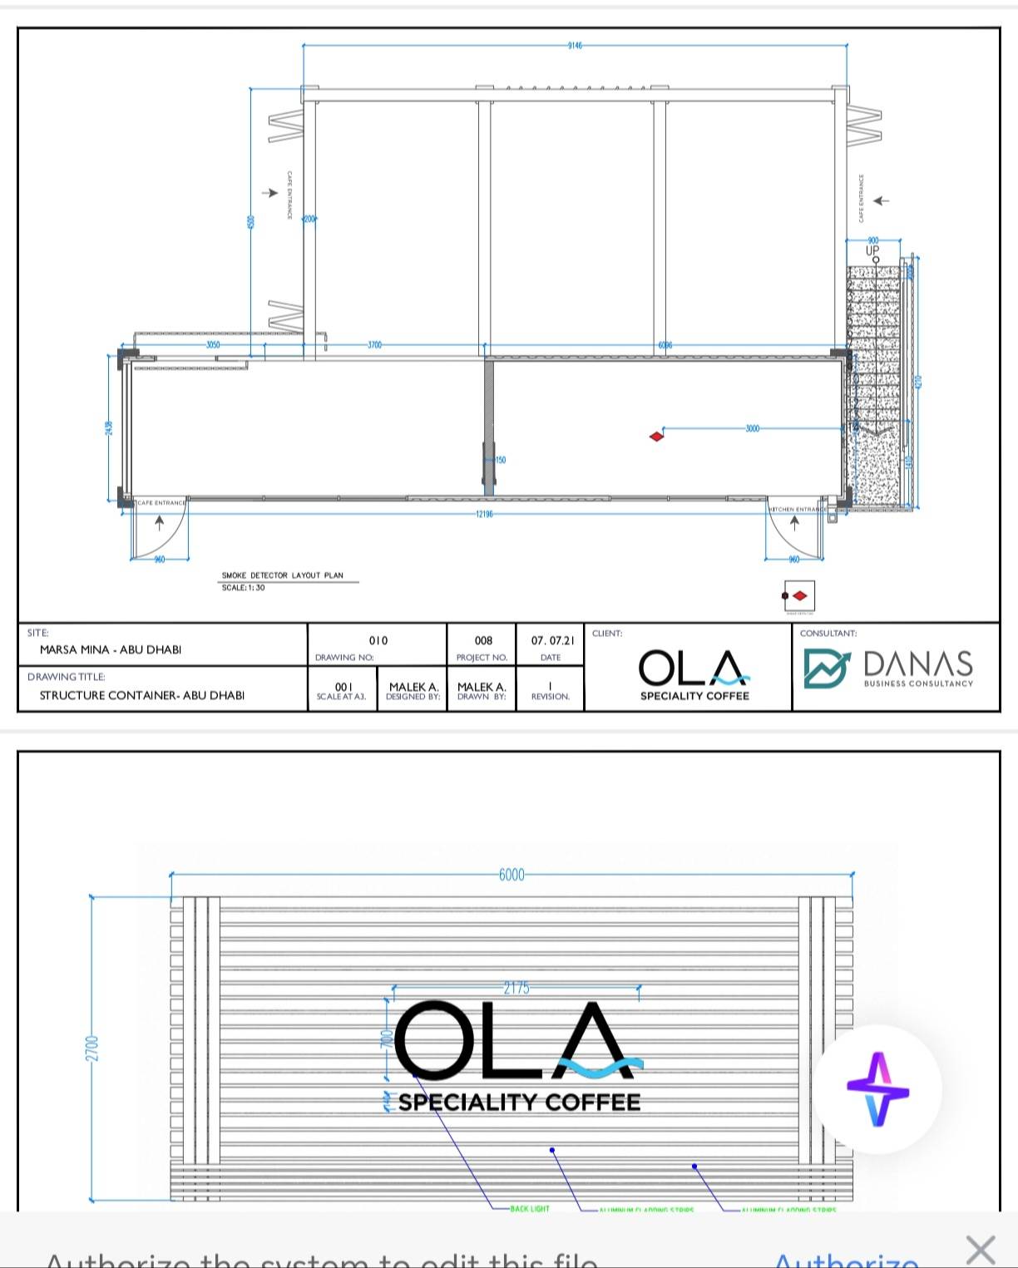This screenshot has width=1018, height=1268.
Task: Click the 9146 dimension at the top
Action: coord(575,46)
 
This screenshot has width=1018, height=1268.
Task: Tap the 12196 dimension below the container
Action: coord(484,514)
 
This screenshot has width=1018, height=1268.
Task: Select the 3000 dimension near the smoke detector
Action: coord(752,428)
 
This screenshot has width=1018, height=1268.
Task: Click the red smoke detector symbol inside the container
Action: coord(656,436)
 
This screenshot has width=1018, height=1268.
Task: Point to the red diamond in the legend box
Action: coord(800,596)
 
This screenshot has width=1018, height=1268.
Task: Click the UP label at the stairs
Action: coord(872,250)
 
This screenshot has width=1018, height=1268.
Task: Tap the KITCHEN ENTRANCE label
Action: coord(797,509)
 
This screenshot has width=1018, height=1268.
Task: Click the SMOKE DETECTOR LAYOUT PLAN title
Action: coord(282,575)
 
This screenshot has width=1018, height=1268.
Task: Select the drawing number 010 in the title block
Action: coord(378,640)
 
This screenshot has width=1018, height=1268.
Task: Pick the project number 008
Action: coord(483,640)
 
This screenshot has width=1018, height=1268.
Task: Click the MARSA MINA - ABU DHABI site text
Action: coord(111,649)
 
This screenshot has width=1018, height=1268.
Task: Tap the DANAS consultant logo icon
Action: coord(826,669)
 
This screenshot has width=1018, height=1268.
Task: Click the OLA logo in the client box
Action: coord(694,669)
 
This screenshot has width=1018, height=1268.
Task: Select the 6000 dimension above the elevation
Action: coord(511,875)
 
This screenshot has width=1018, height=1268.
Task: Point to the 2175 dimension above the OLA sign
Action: coord(516,988)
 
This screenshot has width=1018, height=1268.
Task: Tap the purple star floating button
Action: coord(877,1088)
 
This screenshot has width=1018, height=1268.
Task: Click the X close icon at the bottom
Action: coord(981,1250)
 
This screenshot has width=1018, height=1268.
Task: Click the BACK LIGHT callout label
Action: coord(530,1208)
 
